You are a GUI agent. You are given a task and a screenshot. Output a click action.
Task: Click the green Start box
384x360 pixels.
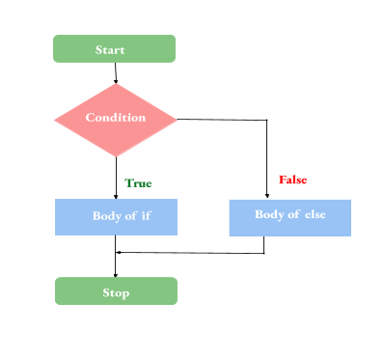point(114,48)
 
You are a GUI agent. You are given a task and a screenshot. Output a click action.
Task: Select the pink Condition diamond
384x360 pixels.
point(115,119)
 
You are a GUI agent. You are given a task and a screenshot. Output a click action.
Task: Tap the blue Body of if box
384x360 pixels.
point(115,216)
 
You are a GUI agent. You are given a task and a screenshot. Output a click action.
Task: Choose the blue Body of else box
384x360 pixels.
point(289,217)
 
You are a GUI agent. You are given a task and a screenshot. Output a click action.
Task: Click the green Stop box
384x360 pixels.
point(116,291)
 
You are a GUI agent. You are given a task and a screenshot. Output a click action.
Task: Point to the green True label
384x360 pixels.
point(138,182)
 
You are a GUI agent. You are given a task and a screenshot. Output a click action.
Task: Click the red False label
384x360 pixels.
point(293,180)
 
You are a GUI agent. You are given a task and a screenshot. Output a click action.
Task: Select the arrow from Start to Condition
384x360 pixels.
point(115,72)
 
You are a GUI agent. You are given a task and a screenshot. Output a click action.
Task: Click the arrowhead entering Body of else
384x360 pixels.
point(265,196)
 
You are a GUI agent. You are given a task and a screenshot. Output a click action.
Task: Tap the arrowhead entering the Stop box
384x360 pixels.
point(116,275)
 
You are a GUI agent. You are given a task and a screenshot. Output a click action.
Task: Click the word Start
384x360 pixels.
point(111,49)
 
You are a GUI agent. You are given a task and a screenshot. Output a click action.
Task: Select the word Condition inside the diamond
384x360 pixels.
point(116,118)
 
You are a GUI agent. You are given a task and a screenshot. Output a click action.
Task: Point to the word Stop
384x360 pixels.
point(116,292)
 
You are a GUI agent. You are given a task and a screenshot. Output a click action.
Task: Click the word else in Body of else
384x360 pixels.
point(315,214)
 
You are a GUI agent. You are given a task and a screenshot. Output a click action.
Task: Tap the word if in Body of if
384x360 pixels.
point(146,215)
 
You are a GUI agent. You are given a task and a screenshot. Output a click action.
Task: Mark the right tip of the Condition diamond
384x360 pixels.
point(177,119)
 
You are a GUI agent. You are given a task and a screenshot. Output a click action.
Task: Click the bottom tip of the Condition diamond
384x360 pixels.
point(116,154)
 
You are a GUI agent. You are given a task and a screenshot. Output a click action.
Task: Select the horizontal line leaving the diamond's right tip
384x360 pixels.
point(222,120)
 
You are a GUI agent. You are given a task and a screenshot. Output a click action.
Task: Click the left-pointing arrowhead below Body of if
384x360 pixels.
point(119,253)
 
